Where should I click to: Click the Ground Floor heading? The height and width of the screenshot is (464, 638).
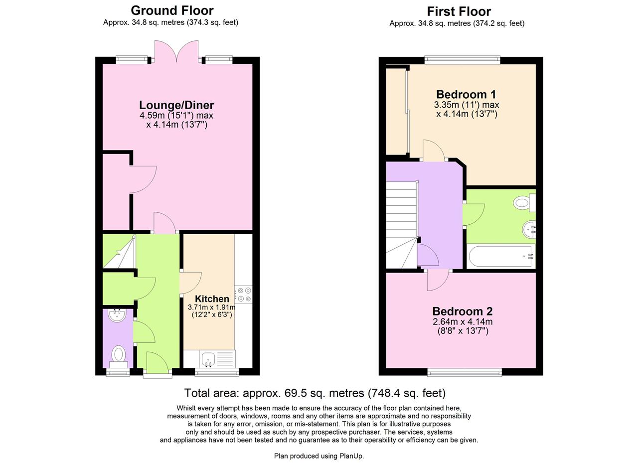click(172, 10)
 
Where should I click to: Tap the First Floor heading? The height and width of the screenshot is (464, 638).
click(459, 11)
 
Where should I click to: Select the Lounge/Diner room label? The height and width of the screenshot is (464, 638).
click(176, 105)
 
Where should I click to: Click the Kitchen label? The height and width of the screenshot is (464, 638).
click(212, 299)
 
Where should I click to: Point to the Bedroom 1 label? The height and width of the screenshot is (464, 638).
click(466, 94)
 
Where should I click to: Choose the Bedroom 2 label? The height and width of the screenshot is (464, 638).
click(462, 311)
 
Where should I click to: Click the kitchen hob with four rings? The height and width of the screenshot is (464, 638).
click(244, 295)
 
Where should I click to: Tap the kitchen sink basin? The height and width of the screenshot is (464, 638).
click(209, 359)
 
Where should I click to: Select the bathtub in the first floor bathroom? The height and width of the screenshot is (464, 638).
click(500, 256)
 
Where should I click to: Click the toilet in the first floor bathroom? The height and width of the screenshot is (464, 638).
click(524, 203)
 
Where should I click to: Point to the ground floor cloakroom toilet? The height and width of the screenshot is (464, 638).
click(119, 356)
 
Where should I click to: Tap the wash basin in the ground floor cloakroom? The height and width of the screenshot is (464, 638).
click(117, 315)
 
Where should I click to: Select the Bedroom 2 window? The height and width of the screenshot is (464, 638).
click(465, 372)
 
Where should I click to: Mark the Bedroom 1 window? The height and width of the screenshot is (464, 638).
click(462, 59)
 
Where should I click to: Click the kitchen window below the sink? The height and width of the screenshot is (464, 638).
click(217, 372)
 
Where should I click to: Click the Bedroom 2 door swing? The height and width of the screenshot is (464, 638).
click(438, 280)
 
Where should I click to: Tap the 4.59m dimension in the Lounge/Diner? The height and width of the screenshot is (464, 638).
click(153, 115)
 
